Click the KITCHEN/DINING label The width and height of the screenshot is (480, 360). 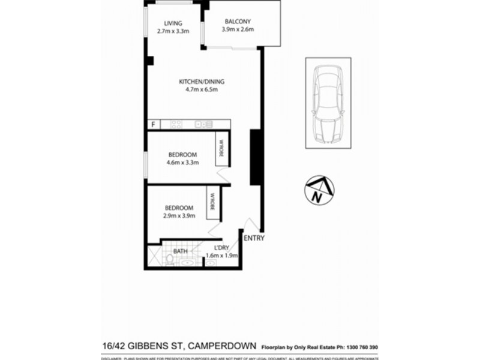click(201, 82)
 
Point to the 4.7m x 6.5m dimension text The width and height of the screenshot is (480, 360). click(201, 91)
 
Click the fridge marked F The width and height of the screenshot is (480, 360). click(154, 124)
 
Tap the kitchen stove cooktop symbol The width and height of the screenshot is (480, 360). click(177, 124)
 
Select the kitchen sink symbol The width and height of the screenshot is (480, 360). click(206, 124)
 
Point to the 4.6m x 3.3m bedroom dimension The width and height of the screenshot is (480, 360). click(182, 162)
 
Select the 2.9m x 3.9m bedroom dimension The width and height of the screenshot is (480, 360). click(180, 216)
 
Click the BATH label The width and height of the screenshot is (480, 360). click(180, 251)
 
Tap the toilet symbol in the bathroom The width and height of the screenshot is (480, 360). click(171, 260)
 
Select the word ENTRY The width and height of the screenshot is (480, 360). click(254, 239)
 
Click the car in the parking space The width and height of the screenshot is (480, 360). click(328, 103)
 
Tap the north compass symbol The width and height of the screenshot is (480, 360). click(319, 190)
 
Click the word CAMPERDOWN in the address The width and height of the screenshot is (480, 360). click(224, 346)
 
